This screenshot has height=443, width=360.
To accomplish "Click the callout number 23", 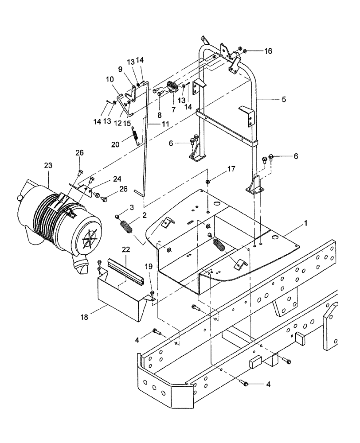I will tap(48, 165).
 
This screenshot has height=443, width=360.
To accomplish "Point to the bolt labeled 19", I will tap(153, 293).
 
